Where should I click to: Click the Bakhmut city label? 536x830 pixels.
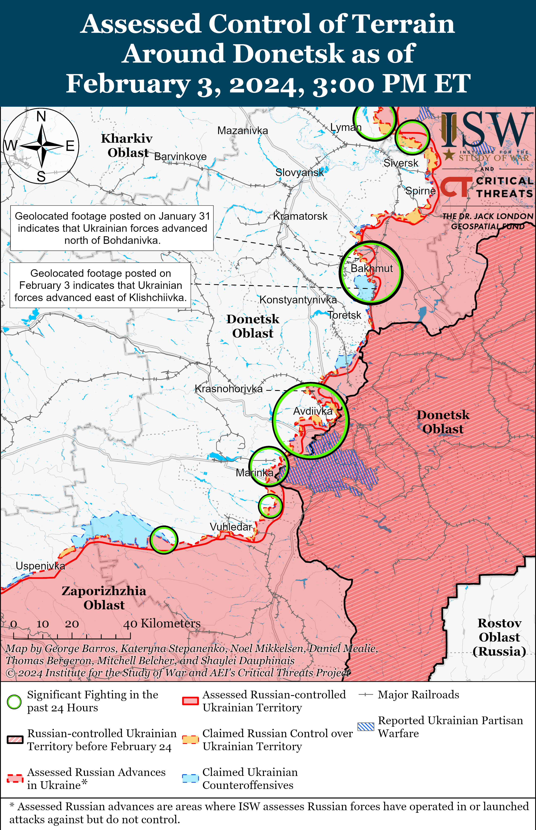tap(371, 268)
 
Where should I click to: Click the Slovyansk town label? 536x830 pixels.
tap(299, 172)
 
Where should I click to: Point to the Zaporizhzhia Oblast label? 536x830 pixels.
tap(104, 598)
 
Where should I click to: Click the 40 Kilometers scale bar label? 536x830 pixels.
tap(162, 623)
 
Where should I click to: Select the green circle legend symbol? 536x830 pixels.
tap(14, 702)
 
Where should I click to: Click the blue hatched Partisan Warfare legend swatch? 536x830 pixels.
tap(366, 726)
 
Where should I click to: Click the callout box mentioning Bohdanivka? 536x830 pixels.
tap(112, 228)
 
